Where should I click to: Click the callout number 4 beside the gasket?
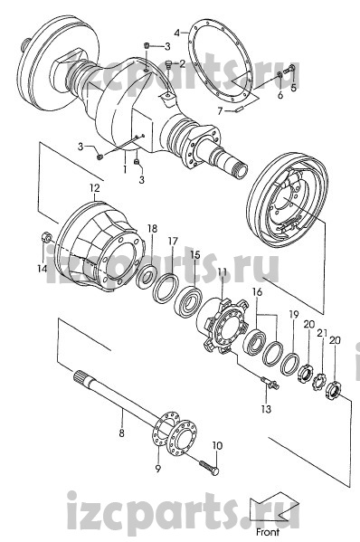(x=177, y=33)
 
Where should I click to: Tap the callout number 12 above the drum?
(x=94, y=188)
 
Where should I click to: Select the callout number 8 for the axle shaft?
(x=121, y=433)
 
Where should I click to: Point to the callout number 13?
(x=266, y=409)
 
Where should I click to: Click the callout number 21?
(x=322, y=333)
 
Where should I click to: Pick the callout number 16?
(x=257, y=292)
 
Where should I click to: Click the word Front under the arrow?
(x=268, y=532)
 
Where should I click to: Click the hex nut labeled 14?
(x=46, y=237)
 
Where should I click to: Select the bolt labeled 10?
(x=209, y=467)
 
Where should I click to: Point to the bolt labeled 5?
(x=289, y=70)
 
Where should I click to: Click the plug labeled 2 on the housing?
(x=168, y=64)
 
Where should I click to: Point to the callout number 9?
(x=158, y=469)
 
